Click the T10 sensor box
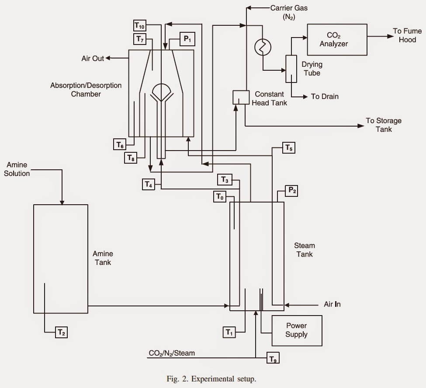pyautogui.click(x=140, y=26)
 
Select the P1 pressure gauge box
pyautogui.click(x=187, y=39)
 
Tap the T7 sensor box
pyautogui.click(x=140, y=39)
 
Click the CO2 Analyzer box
pyautogui.click(x=337, y=40)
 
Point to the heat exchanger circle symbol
pyautogui.click(x=263, y=47)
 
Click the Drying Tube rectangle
pyautogui.click(x=291, y=69)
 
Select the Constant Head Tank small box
pyautogui.click(x=241, y=97)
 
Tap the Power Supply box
pyautogui.click(x=297, y=330)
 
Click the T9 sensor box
pyautogui.click(x=273, y=357)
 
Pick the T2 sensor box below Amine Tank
pyautogui.click(x=61, y=332)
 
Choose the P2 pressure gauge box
pyautogui.click(x=291, y=191)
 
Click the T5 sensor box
pyautogui.click(x=288, y=148)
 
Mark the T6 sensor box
pyautogui.click(x=120, y=144)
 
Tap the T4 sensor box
pyautogui.click(x=149, y=184)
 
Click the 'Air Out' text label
pyautogui.click(x=93, y=58)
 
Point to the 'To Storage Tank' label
pyautogui.click(x=384, y=125)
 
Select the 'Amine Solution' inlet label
pyautogui.click(x=17, y=169)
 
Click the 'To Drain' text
pyautogui.click(x=325, y=96)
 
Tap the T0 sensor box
pyautogui.click(x=220, y=196)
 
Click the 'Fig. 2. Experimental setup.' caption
pyautogui.click(x=211, y=379)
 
